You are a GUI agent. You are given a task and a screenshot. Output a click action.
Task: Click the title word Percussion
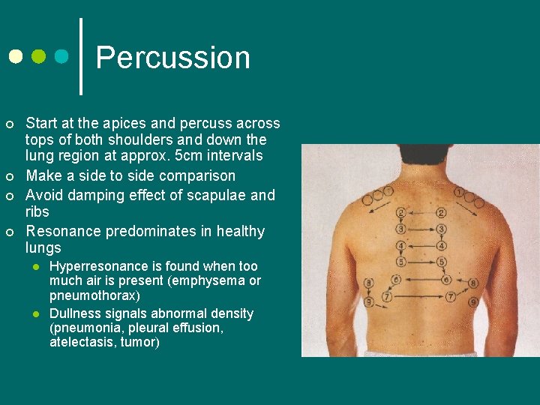pos(172,58)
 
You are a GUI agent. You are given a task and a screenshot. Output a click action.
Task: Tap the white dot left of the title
pos(16,57)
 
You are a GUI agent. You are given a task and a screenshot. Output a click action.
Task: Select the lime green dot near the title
pos(38,57)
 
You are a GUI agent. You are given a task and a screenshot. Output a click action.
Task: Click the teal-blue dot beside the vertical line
pos(61,57)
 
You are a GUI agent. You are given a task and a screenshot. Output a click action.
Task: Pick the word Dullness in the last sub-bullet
pos(73,313)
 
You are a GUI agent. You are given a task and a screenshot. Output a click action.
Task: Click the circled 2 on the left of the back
pos(402,213)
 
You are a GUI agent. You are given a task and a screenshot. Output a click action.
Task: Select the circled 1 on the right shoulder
pos(458,192)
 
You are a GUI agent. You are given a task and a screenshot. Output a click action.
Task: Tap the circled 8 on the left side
pos(368,283)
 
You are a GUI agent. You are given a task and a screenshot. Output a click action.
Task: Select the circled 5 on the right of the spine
pos(442,262)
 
